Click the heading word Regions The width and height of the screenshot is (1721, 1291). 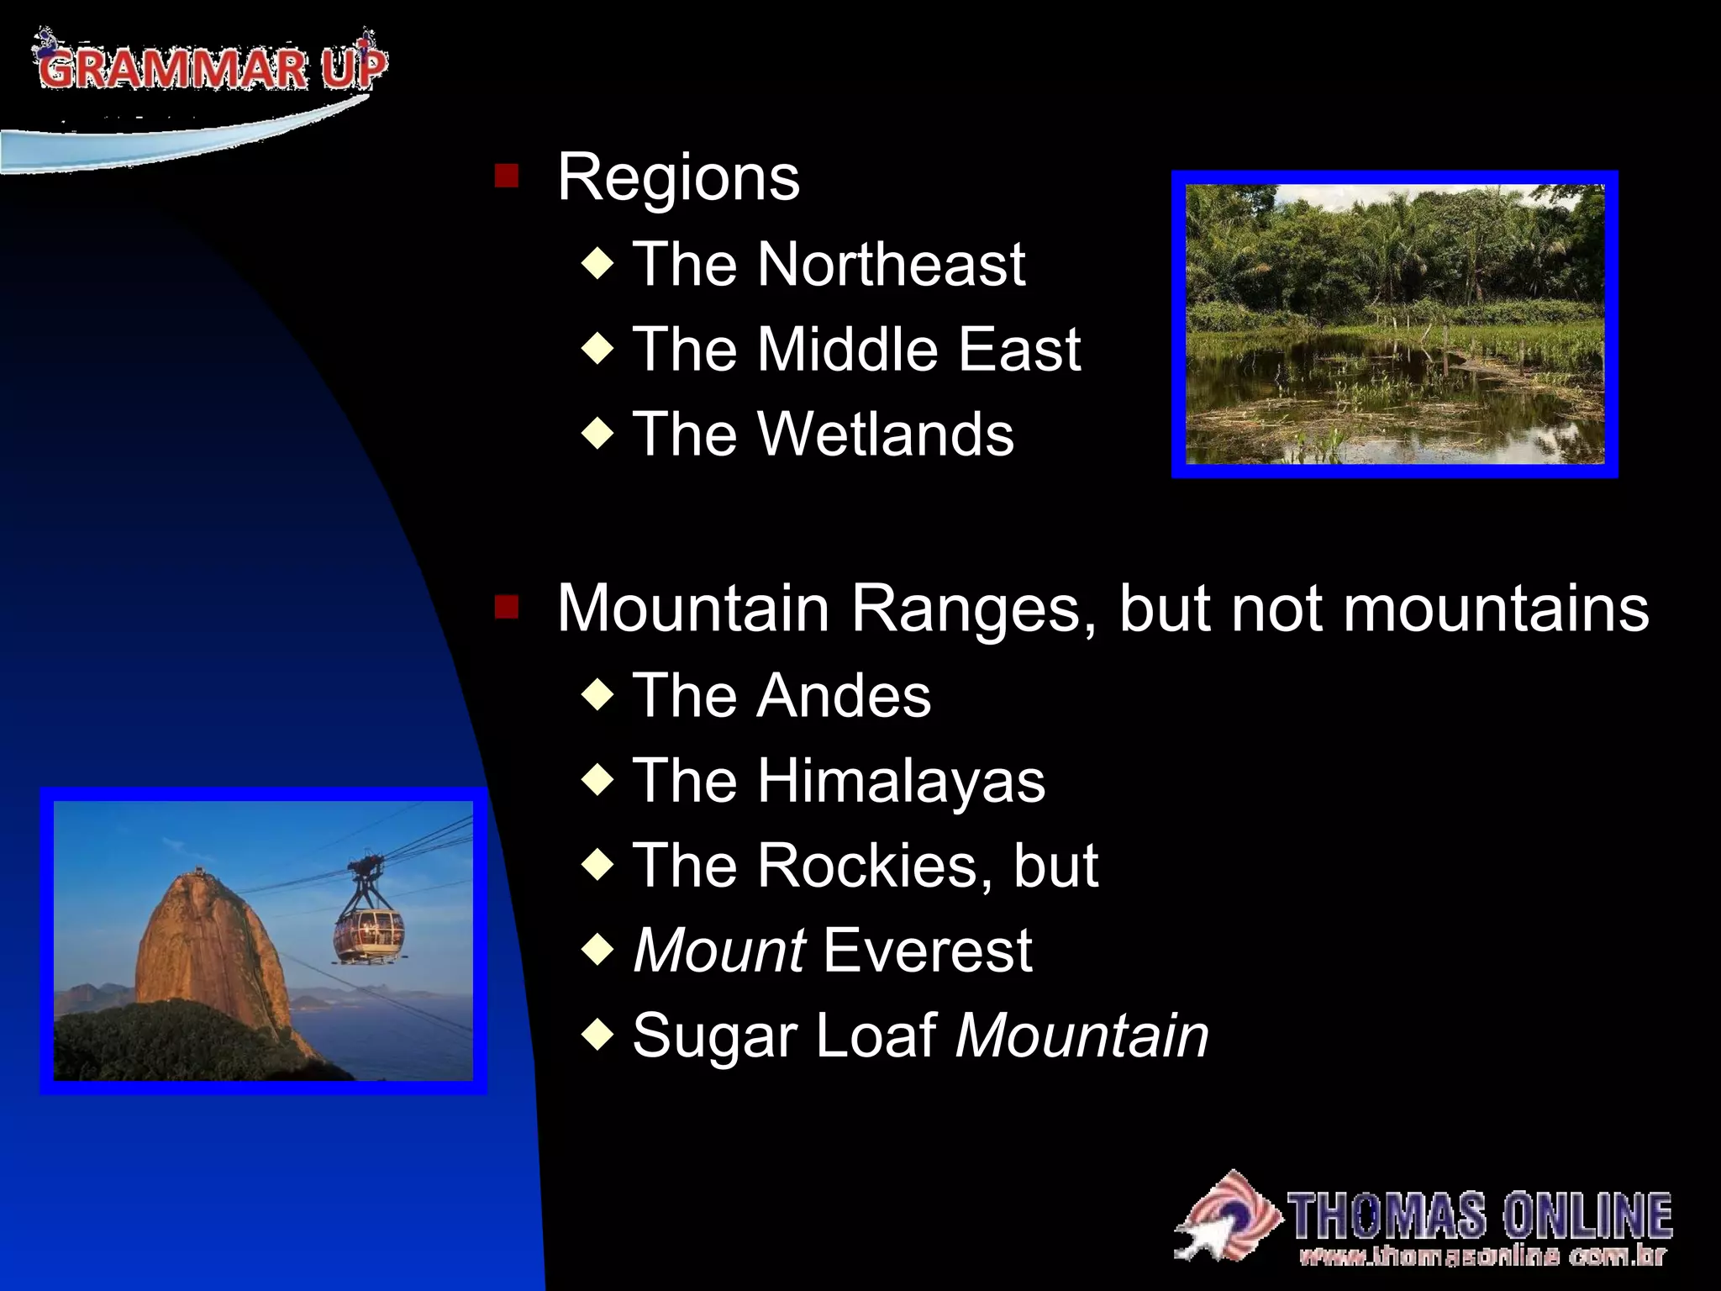[x=678, y=178]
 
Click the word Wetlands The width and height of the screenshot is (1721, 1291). [x=886, y=435]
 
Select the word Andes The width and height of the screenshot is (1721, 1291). [x=844, y=696]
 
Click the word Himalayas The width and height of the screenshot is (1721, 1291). [x=901, y=781]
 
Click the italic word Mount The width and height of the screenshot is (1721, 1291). [x=719, y=951]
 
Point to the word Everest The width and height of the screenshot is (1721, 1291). [x=927, y=951]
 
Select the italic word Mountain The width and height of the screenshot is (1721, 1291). [x=1082, y=1036]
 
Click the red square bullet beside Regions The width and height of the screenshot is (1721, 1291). [x=507, y=177]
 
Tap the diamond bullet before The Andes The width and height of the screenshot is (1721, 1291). [x=597, y=695]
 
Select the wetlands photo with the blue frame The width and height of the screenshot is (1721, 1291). [x=1394, y=324]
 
